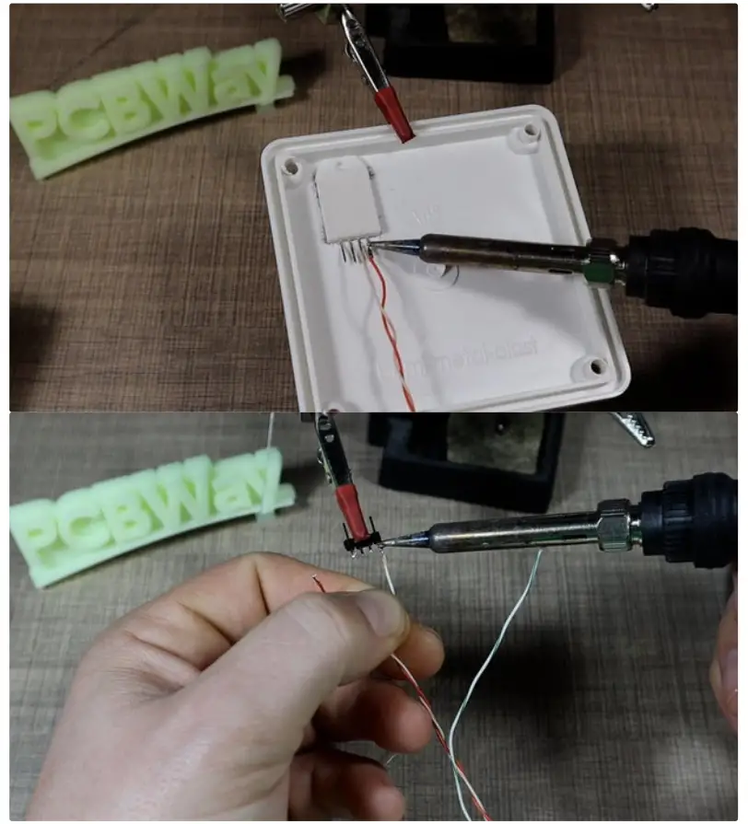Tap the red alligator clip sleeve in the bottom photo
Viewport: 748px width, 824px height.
coord(352,512)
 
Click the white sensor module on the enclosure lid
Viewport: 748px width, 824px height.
coord(344,204)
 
